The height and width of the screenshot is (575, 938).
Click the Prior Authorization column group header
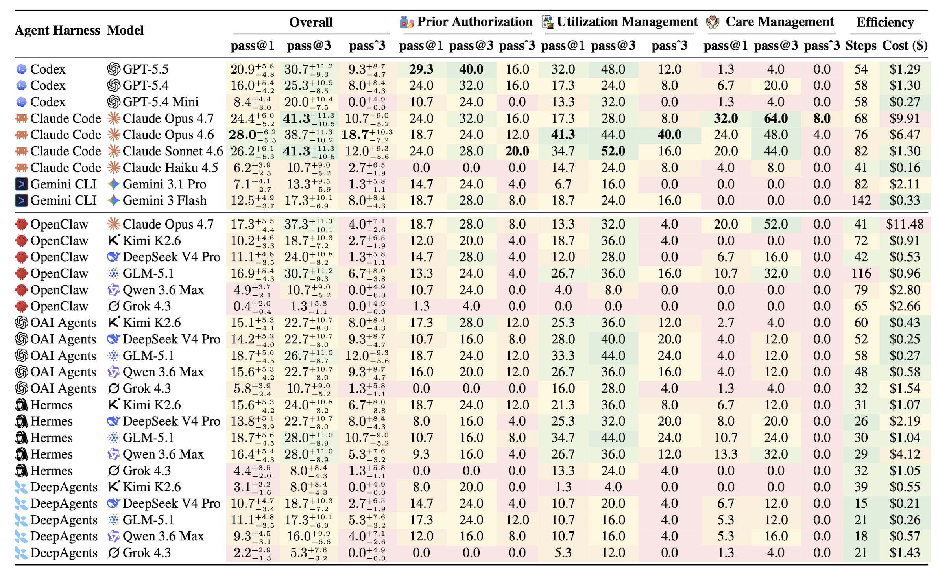pyautogui.click(x=475, y=22)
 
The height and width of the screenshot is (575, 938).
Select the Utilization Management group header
pyautogui.click(x=627, y=22)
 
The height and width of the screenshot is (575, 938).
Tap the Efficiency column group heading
pyautogui.click(x=885, y=22)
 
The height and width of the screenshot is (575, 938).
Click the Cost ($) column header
pyautogui.click(x=905, y=46)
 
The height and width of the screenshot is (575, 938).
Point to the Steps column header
pyautogui.click(x=861, y=46)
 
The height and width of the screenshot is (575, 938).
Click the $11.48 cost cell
pyautogui.click(x=905, y=224)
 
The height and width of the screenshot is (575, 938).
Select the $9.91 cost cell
pyautogui.click(x=905, y=118)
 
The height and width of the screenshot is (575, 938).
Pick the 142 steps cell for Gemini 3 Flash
pyautogui.click(x=861, y=201)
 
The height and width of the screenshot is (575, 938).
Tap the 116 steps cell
pyautogui.click(x=861, y=273)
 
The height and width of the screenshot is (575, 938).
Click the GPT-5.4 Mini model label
pyautogui.click(x=161, y=102)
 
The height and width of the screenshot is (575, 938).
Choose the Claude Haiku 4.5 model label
pyautogui.click(x=170, y=168)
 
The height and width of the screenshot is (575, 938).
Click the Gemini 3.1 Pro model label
pyautogui.click(x=164, y=184)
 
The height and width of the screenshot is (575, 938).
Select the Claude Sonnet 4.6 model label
pyautogui.click(x=173, y=151)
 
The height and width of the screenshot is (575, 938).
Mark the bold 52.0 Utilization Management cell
pyautogui.click(x=613, y=151)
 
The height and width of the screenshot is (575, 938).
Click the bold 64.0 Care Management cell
pyautogui.click(x=776, y=118)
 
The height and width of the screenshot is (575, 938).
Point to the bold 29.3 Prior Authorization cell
pyautogui.click(x=421, y=69)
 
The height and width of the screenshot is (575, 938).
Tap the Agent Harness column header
pyautogui.click(x=57, y=31)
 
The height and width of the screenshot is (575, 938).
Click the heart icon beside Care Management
pyautogui.click(x=713, y=22)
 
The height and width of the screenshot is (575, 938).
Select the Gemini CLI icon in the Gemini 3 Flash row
pyautogui.click(x=21, y=201)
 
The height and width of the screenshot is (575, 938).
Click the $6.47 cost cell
pyautogui.click(x=905, y=135)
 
